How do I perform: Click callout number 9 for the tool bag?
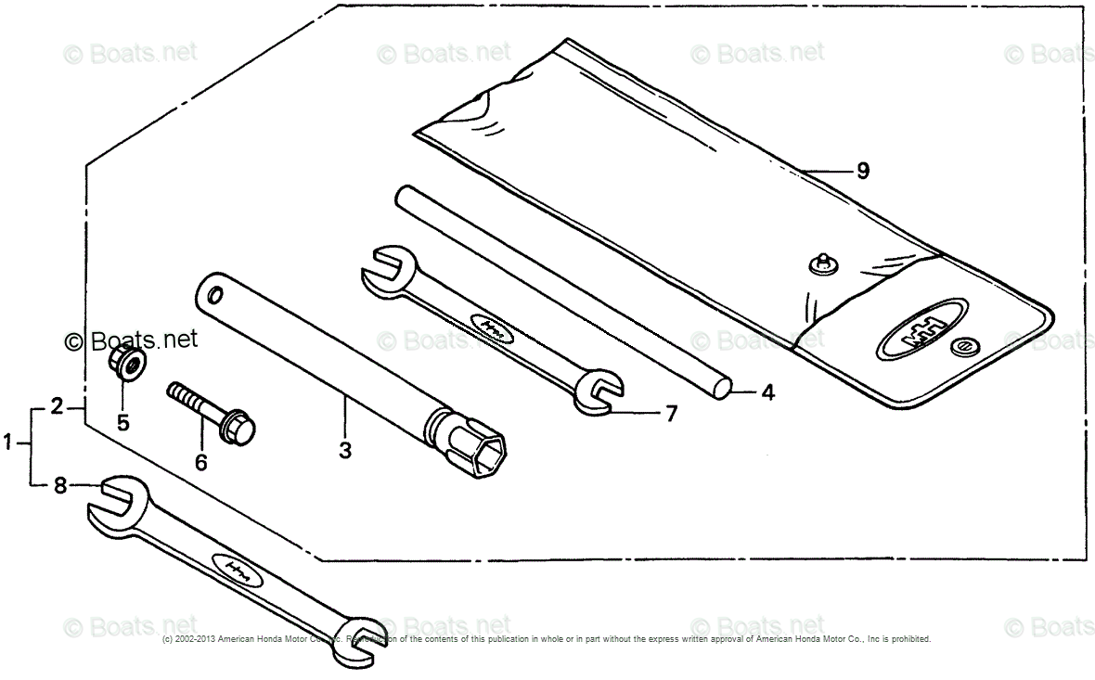(862, 171)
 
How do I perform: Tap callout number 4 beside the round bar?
(767, 392)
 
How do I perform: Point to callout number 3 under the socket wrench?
(345, 451)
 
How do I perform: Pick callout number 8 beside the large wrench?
(60, 484)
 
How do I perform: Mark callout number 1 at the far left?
(8, 444)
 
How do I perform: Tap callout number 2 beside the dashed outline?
(57, 405)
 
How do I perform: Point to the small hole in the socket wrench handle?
(215, 296)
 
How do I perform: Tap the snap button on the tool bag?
(819, 263)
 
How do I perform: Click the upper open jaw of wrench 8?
(112, 501)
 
